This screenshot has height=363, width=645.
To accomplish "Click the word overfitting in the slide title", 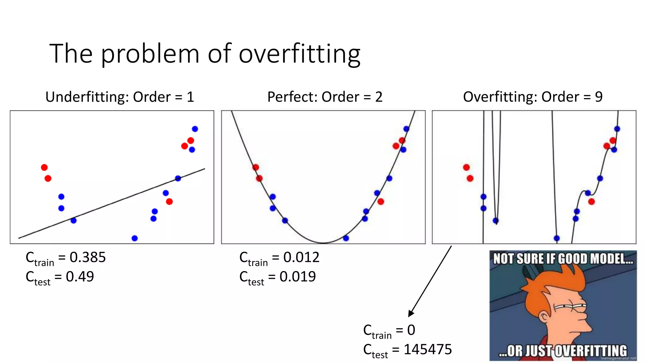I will coord(300,54).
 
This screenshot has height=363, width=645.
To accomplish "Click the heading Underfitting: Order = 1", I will coord(119,97).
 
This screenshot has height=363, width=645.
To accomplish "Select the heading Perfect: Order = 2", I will coord(325,97).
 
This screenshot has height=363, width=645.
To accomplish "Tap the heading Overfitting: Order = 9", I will coord(533,97).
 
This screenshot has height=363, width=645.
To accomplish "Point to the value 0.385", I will coord(88,257).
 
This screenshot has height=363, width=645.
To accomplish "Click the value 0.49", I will coord(80,277).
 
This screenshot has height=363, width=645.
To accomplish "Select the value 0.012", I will coord(301,257).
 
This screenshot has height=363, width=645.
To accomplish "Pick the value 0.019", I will coord(298,277).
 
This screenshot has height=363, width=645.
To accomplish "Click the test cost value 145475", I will coord(428,349).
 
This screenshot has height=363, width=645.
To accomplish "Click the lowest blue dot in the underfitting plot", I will coord(134,238).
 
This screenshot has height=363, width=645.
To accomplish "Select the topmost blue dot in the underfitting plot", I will coord(195,129).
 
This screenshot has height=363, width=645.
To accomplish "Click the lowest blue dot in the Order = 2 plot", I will coord(346,238).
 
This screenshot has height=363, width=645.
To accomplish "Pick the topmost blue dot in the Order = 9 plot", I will coord(617,129).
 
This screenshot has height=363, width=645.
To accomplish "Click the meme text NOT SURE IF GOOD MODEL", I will coord(563,259).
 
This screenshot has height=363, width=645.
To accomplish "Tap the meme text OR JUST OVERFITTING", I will coord(563,351).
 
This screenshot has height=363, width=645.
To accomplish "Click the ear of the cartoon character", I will coord(544,316).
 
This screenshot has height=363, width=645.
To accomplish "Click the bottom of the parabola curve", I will coord(323,243).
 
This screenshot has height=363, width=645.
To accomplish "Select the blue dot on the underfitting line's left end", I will coord(73,221).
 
